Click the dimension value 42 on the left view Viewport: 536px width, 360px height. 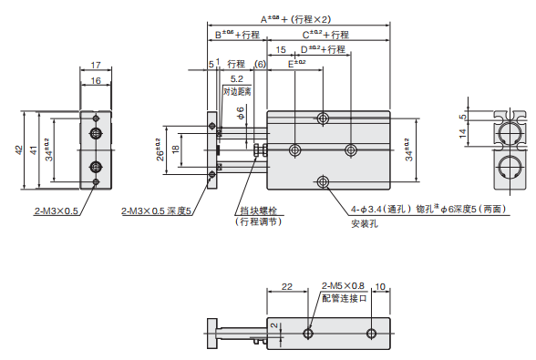[x=19, y=149]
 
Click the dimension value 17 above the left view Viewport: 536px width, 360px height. [x=95, y=65]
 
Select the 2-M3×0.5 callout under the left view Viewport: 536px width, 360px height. [x=57, y=211]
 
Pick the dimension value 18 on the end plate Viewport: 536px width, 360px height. [x=177, y=149]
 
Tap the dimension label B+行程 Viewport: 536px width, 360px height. [x=237, y=35]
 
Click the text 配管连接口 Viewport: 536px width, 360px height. [x=344, y=297]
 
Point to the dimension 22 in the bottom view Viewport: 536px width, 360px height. [x=287, y=286]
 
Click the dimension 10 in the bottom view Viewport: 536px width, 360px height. [x=381, y=286]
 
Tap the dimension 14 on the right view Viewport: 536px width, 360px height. [x=462, y=134]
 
